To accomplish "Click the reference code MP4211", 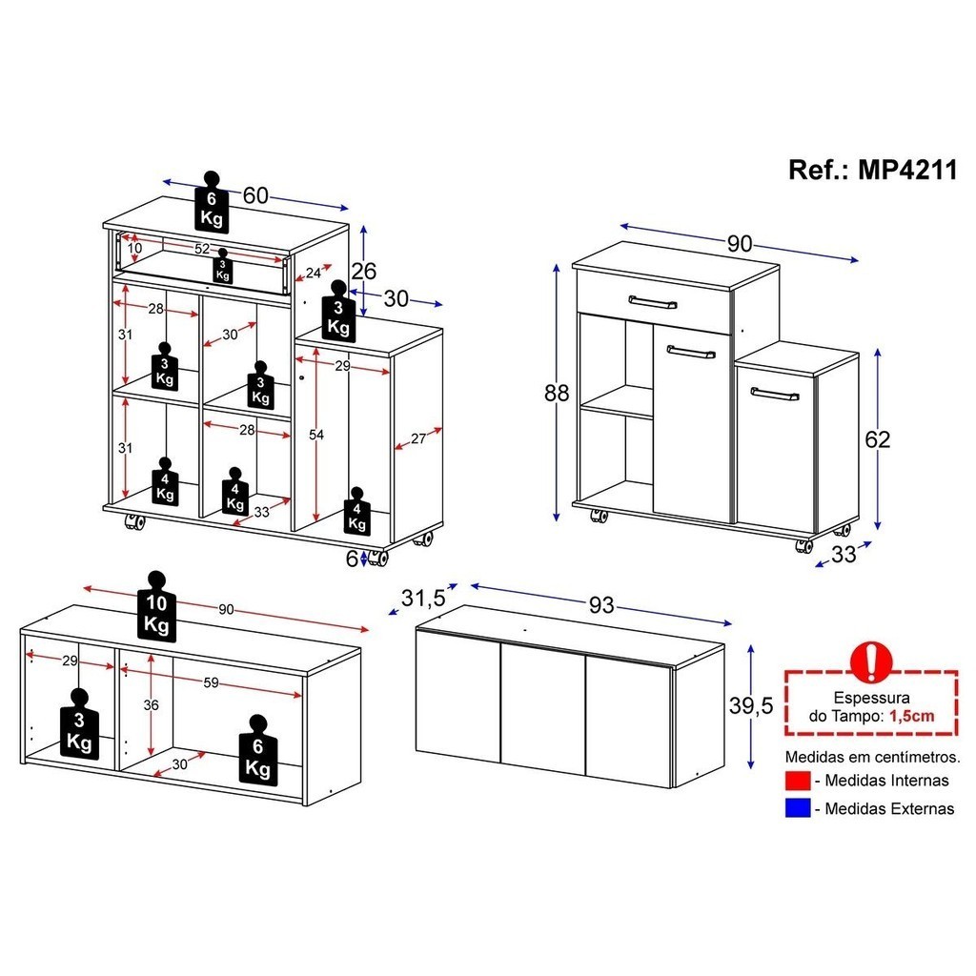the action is pos(907,170).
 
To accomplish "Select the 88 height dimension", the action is pos(557,393).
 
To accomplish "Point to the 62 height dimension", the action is pos(878,439).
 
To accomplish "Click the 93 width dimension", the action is pos(601,604).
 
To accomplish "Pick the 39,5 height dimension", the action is pos(751,705).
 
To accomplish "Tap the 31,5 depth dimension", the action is pos(424,599).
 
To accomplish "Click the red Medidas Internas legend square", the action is pos(798,780).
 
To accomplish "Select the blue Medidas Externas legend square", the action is pos(798,808).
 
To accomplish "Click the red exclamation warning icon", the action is pos(871,661).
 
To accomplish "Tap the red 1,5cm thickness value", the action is pos(912,716).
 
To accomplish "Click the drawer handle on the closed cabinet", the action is pos(652,302).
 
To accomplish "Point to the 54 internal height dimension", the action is pos(316,435).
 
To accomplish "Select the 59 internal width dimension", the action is pos(211,682).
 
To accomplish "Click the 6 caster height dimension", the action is pos(352,559).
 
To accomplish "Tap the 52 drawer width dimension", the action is pos(202,249).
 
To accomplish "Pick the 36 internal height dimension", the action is pos(151,704).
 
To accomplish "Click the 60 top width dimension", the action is pos(255,195).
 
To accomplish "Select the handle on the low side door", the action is pos(775,394).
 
